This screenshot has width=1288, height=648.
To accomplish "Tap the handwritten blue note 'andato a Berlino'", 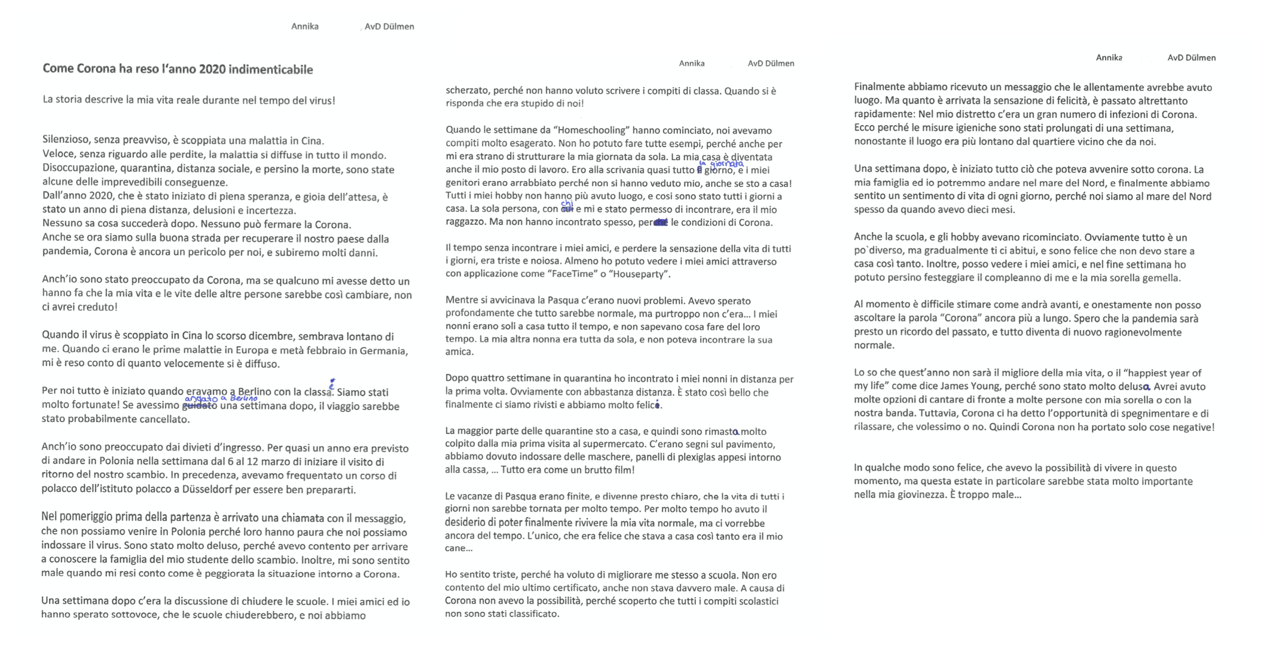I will pyautogui.click(x=221, y=398).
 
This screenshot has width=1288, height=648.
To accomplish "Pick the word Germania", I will pyautogui.click(x=384, y=351).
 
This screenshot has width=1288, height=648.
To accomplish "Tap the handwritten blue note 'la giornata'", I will pyautogui.click(x=721, y=163).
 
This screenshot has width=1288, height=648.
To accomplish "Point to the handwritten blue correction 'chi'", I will pyautogui.click(x=566, y=204).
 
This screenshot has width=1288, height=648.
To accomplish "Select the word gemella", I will pyautogui.click(x=1163, y=278).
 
